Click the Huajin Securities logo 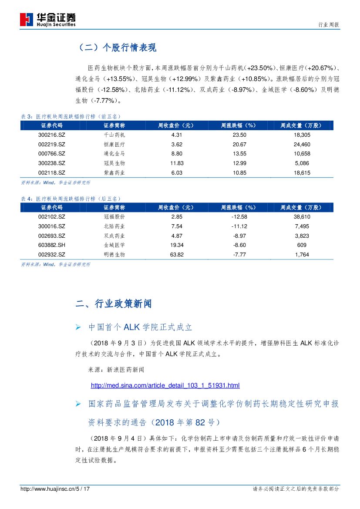tap(48, 19)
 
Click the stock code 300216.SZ tap(51, 135)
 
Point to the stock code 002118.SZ tap(51, 172)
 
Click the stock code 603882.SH tap(51, 245)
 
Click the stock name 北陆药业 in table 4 tap(114, 226)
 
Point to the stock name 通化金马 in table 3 tap(114, 154)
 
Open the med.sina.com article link tap(165, 385)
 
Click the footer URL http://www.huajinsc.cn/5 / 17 tap(55, 489)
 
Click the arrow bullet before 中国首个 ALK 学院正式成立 tap(78, 327)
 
